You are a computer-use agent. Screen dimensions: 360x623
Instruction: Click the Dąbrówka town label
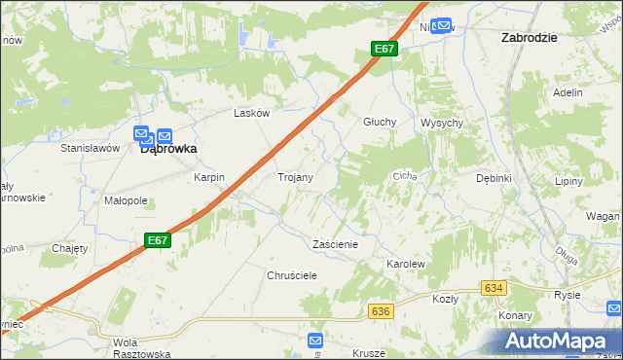click(x=168, y=150)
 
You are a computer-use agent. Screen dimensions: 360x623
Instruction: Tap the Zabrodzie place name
click(x=529, y=37)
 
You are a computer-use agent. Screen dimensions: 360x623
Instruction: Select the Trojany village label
click(x=295, y=178)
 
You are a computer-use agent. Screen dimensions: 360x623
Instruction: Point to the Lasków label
click(x=251, y=113)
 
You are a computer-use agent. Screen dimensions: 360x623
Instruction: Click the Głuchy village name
click(x=379, y=122)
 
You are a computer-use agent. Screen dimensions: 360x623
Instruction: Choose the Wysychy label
click(x=441, y=123)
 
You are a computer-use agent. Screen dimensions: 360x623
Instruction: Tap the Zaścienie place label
click(x=335, y=244)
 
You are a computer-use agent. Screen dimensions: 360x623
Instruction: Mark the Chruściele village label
click(x=293, y=275)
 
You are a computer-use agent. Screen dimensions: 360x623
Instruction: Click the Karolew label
click(x=407, y=264)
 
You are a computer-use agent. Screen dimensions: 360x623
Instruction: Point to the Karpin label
click(x=208, y=178)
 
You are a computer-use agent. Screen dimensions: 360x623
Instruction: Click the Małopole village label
click(x=126, y=200)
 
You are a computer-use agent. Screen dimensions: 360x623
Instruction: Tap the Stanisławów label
click(x=90, y=148)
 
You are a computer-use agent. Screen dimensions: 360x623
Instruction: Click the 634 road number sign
click(x=495, y=288)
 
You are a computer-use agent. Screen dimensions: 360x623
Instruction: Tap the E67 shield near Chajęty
click(x=159, y=239)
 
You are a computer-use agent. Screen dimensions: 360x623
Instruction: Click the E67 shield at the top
click(x=384, y=49)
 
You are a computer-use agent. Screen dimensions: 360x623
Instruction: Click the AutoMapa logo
click(x=564, y=340)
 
